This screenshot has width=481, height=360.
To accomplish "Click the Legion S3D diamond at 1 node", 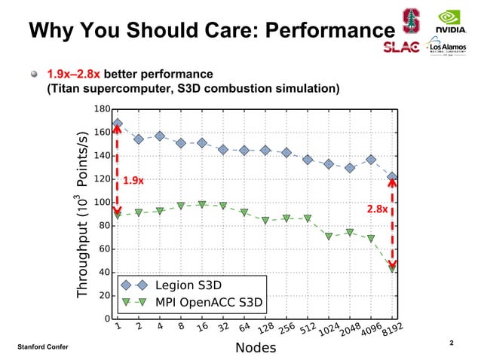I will [x=118, y=123].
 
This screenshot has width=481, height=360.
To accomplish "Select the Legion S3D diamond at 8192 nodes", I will [x=392, y=176].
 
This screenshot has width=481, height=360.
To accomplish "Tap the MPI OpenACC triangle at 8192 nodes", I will [x=392, y=269].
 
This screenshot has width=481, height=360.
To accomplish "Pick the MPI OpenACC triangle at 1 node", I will [x=118, y=215].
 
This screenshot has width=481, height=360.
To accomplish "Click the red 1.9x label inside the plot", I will [x=133, y=181].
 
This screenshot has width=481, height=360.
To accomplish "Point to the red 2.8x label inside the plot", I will [x=377, y=209].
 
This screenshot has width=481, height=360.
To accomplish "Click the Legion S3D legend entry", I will [x=188, y=285].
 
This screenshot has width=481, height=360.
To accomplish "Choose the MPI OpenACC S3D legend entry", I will [x=208, y=303].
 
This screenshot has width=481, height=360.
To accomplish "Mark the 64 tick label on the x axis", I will [x=245, y=328].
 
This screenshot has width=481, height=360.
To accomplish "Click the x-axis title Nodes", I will [x=256, y=348].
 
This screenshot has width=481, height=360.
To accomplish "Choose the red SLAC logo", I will [x=402, y=47].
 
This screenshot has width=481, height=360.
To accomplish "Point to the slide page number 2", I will [x=451, y=343].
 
